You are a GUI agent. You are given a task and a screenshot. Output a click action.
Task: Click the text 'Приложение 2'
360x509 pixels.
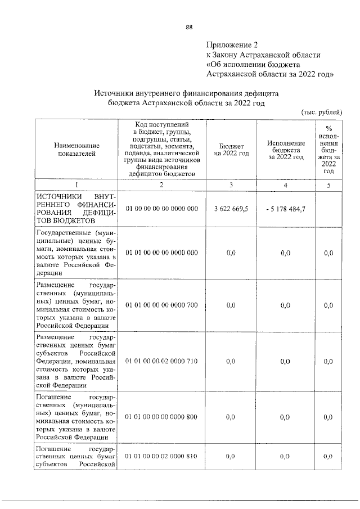pyautogui.click(x=231, y=44)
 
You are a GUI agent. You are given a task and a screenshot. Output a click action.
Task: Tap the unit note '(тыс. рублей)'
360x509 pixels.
pyautogui.click(x=322, y=112)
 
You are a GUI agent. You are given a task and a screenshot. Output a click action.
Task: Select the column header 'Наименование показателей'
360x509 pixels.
pyautogui.click(x=76, y=150)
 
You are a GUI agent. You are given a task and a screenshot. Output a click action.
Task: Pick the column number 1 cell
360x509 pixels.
pyautogui.click(x=76, y=185)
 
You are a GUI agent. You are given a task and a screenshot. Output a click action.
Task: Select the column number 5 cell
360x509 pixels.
pyautogui.click(x=328, y=185)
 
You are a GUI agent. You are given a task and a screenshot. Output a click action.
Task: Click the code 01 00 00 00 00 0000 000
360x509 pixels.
pyautogui.click(x=161, y=209)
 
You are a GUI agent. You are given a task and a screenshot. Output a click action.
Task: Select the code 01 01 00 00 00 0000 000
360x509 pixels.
pyautogui.click(x=161, y=253)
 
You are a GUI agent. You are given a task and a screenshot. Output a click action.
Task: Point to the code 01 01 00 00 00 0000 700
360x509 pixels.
pyautogui.click(x=161, y=305)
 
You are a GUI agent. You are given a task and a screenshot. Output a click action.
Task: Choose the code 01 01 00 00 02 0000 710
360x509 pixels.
pyautogui.click(x=161, y=361)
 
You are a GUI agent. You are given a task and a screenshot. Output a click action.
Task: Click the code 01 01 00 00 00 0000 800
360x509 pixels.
pyautogui.click(x=161, y=417)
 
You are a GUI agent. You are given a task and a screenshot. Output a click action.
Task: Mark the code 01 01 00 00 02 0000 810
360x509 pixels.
pyautogui.click(x=161, y=456)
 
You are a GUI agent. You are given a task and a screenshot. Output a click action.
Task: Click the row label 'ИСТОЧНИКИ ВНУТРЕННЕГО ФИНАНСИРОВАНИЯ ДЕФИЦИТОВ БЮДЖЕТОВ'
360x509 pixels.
pyautogui.click(x=76, y=209)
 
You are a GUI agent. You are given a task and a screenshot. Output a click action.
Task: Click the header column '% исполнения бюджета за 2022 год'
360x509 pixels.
pyautogui.click(x=328, y=150)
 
